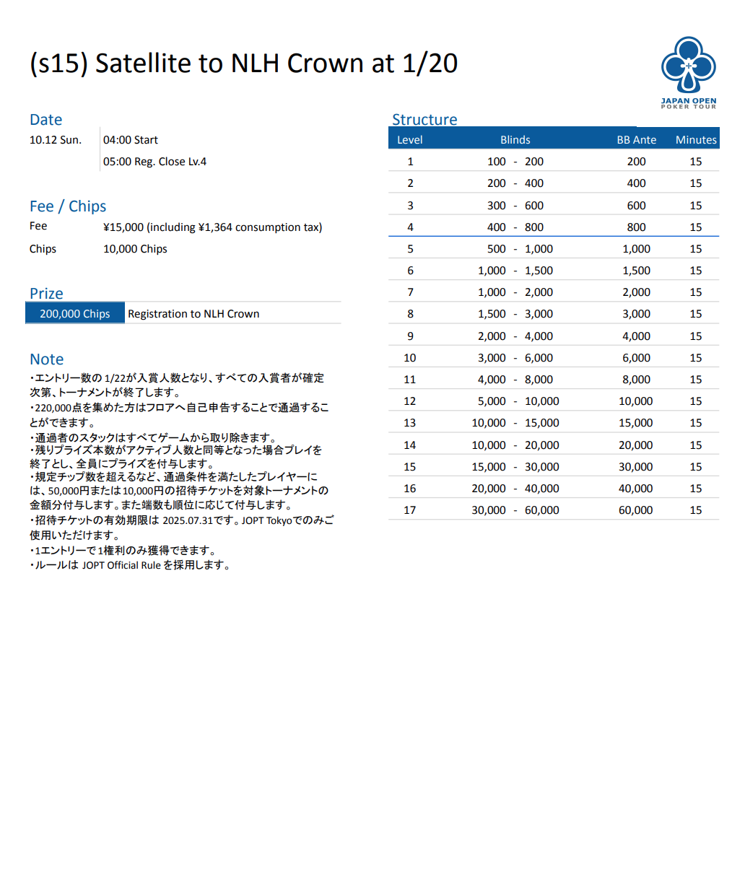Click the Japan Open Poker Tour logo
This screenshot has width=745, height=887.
[689, 72]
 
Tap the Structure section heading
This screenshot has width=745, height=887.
[424, 120]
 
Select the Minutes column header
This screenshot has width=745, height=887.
[696, 140]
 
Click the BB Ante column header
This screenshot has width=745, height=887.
[636, 140]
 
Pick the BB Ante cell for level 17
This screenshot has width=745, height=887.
[635, 510]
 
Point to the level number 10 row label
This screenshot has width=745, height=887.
[410, 358]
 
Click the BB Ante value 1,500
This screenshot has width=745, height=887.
[636, 271]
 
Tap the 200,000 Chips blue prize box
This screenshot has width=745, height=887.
[75, 314]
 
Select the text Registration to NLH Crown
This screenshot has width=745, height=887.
[193, 314]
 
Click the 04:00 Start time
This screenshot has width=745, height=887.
[131, 140]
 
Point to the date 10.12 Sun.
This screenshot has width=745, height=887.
[56, 140]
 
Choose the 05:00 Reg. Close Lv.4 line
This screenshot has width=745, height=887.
[154, 162]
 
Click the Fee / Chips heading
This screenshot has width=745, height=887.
[68, 206]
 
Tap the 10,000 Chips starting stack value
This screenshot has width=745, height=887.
[135, 249]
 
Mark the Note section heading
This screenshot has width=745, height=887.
[47, 359]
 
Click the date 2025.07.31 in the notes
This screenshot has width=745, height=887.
[187, 520]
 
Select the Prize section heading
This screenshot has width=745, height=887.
[46, 294]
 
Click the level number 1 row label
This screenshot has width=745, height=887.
[410, 162]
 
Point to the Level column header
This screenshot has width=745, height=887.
[410, 140]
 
